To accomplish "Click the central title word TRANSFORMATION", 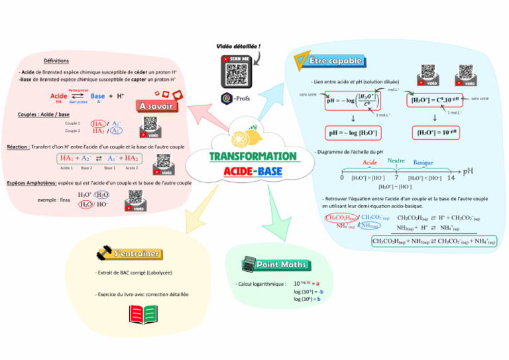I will pos(253,156).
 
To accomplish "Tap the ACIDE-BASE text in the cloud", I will pos(253,172).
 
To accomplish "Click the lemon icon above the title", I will pos(239,138).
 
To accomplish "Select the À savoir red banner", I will pos(157,106).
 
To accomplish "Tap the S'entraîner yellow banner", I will pos(135,253).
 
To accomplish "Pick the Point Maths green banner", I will pos(282,265).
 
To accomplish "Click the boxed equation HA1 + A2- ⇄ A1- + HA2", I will pos(99,158).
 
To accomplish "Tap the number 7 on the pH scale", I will pos(396,178).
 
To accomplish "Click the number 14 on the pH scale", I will pos(451,178).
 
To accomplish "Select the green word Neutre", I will pos(396,160).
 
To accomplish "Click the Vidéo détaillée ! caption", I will pos(239,46).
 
